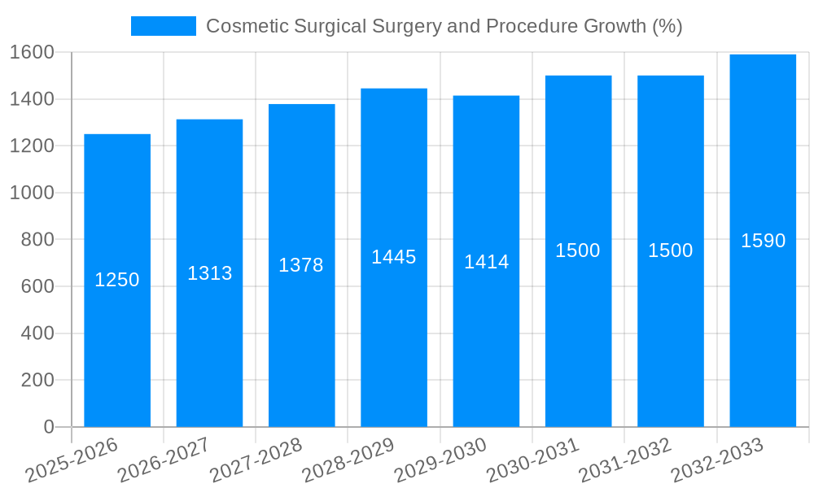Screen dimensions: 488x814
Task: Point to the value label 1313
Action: click(210, 273)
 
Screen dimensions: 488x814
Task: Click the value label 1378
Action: click(301, 265)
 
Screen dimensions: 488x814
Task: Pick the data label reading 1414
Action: click(487, 262)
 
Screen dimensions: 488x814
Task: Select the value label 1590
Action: click(763, 241)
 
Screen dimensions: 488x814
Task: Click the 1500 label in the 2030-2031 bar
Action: click(578, 251)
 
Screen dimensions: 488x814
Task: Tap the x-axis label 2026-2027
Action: click(164, 460)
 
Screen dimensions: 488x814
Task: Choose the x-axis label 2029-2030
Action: click(440, 460)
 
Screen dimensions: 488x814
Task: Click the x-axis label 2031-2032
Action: click(625, 460)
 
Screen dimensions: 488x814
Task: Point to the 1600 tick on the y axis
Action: click(32, 52)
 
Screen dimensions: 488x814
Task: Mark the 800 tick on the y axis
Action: click(37, 240)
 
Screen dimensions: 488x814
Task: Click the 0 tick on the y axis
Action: click(49, 427)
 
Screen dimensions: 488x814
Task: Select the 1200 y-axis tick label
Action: click(32, 146)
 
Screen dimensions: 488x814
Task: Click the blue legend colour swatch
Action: click(164, 26)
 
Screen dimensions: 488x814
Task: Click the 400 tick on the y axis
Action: click(37, 333)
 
